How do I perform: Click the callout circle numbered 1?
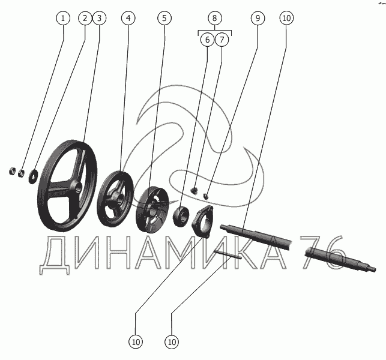[x=63, y=18]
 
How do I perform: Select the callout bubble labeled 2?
[x=85, y=18]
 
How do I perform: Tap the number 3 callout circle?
[x=99, y=18]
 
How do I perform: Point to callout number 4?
[x=128, y=18]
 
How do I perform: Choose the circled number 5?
[x=164, y=18]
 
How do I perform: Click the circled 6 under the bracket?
[x=207, y=40]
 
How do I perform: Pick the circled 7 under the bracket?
[x=222, y=40]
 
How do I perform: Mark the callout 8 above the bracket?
[x=215, y=18]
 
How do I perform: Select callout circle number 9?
[x=258, y=18]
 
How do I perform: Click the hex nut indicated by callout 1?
[x=21, y=173]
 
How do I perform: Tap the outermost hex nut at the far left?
[x=12, y=170]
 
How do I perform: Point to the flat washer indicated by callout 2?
[x=33, y=175]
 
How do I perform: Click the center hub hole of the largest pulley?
[x=78, y=188]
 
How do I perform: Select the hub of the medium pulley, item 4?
[x=119, y=198]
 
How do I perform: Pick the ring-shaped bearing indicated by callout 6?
[x=181, y=216]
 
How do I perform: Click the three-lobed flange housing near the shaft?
[x=202, y=221]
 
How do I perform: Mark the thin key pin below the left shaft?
[x=228, y=254]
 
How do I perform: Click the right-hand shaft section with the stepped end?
[x=340, y=259]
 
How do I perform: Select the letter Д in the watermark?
[x=54, y=255]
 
